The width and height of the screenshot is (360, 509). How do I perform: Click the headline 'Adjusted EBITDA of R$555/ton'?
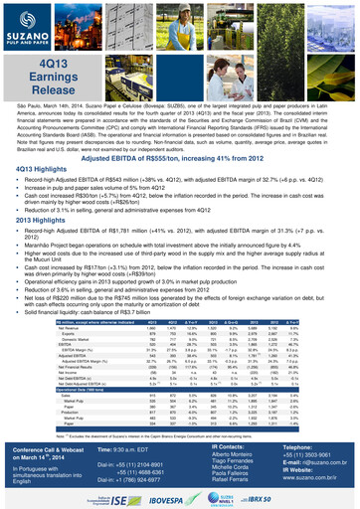(x=180, y=159)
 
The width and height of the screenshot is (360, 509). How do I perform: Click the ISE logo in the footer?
(x=105, y=497)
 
